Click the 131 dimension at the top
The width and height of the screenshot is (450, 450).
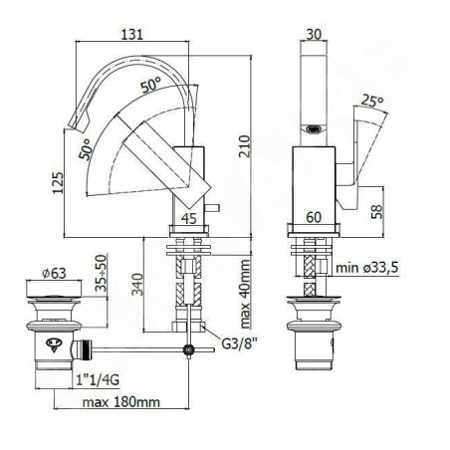click(132, 34)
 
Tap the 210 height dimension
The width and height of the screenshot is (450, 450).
click(245, 146)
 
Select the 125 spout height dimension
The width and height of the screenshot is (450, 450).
click(58, 183)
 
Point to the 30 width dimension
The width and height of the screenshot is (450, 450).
click(314, 34)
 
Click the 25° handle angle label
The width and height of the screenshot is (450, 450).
click(372, 101)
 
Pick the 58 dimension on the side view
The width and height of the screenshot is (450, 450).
click(376, 212)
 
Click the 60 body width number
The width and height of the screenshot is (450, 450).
click(314, 217)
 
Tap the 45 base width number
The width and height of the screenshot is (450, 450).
click(189, 219)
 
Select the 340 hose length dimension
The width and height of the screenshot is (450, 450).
click(137, 284)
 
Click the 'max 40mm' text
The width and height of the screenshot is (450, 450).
click(245, 294)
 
